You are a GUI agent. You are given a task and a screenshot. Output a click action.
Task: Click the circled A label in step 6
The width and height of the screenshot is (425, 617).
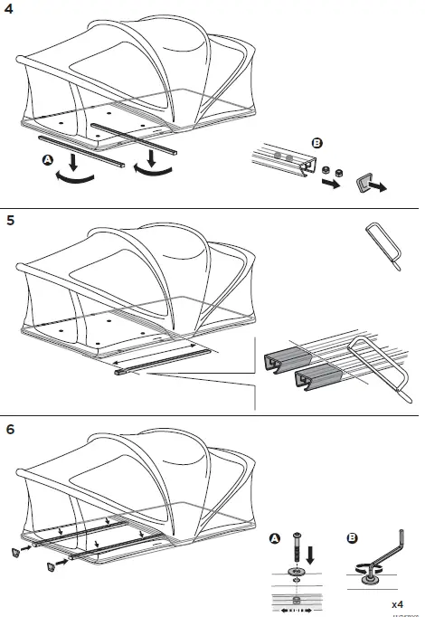(275, 540)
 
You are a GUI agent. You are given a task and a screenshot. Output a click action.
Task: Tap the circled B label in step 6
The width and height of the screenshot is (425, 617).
(354, 540)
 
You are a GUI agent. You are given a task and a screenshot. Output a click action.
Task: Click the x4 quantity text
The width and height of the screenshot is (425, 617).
(397, 603)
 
